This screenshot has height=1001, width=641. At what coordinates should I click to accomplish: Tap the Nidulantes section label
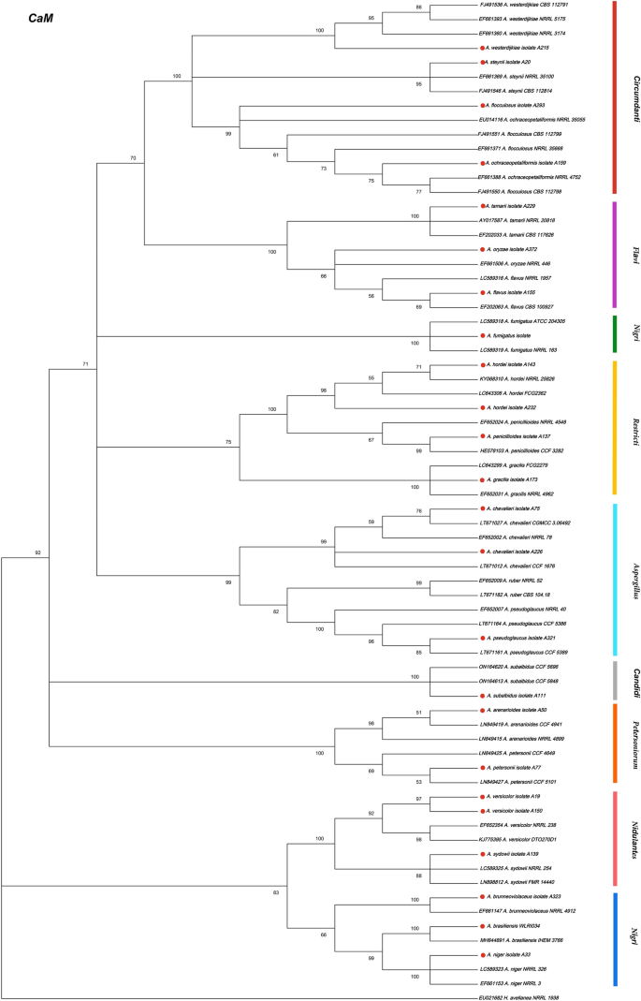click(x=634, y=851)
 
